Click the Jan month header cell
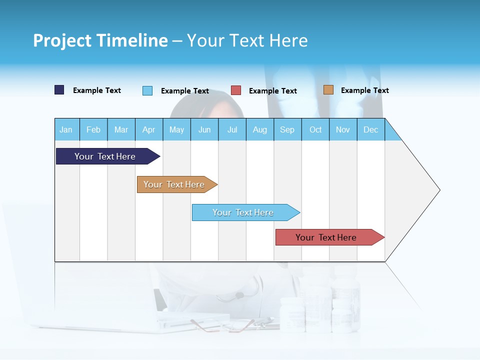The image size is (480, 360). click(66, 129)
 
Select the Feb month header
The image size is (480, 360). click(93, 129)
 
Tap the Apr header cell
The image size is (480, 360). click(149, 129)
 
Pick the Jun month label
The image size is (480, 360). click(204, 129)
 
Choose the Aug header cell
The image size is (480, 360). click(260, 129)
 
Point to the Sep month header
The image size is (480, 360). click(287, 129)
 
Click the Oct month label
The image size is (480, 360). click(315, 129)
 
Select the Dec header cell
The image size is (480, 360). click(371, 129)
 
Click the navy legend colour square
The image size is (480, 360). click(59, 90)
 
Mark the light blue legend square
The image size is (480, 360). click(147, 90)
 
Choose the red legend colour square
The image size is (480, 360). click(236, 90)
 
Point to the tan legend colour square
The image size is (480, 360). click(328, 90)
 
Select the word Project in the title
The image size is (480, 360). click(62, 40)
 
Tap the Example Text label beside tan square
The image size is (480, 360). click(364, 90)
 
